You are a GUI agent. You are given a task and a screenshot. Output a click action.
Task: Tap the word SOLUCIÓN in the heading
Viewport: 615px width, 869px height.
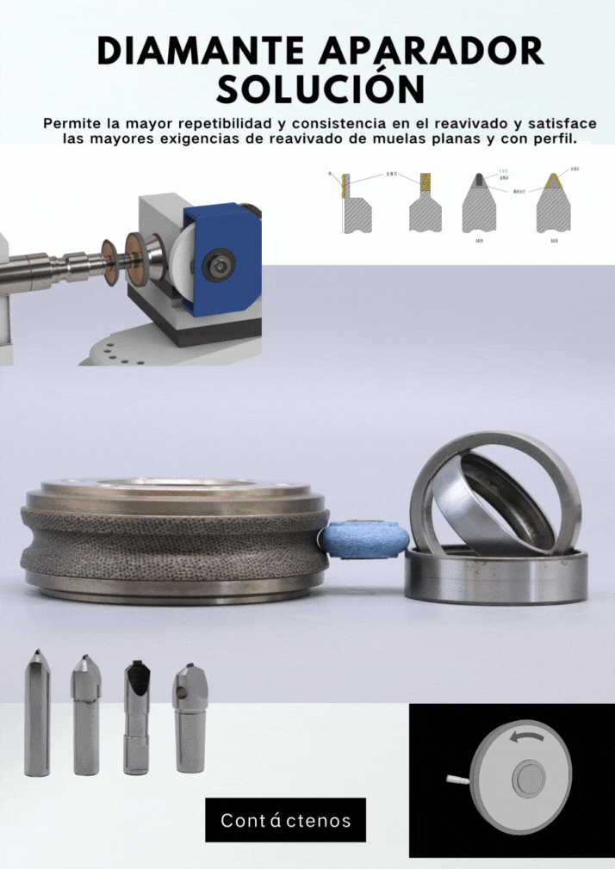320,88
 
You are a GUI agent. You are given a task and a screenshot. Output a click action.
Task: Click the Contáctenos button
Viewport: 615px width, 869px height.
285,820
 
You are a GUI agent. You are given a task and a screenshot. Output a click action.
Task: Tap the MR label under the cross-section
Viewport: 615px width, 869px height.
478,242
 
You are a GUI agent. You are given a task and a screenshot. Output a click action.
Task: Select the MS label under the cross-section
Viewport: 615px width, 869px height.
555,242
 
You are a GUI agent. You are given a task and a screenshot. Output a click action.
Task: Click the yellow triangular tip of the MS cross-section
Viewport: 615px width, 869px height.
555,182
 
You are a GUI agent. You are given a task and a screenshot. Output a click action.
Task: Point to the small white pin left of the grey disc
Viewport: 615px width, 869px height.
458,779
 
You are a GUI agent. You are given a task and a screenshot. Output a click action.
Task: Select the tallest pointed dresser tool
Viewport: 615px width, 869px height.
37,713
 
